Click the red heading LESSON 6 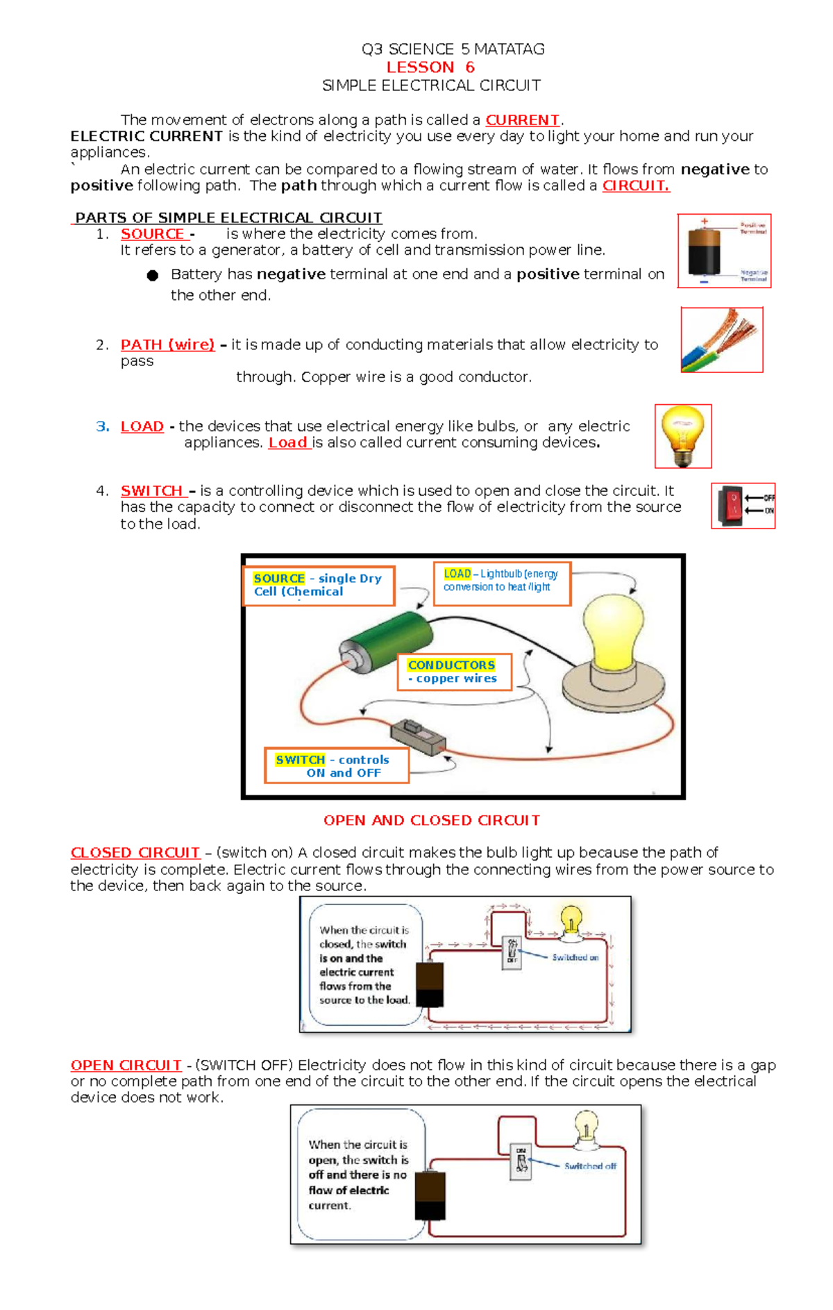pos(430,67)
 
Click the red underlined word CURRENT pos(522,120)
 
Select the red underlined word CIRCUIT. pos(635,185)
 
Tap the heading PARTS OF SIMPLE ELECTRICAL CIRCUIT pos(228,217)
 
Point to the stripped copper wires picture pos(721,340)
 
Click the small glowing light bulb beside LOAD pos(683,436)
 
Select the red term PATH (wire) pos(167,345)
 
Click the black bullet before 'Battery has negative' pos(153,276)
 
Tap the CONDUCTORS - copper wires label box pos(454,672)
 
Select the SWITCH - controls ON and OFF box pos(337,765)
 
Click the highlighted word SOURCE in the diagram pos(279,579)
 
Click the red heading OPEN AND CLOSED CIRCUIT pos(431,820)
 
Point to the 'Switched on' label pos(575,957)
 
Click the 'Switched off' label pos(589,1166)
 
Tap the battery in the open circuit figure pos(430,1195)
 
